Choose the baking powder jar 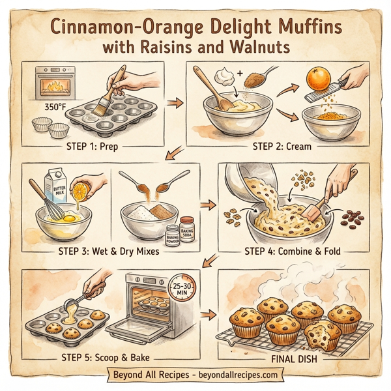coord(172,235)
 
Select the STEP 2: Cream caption coord(285,147)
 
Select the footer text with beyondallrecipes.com coord(195,375)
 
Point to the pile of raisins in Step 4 coord(355,217)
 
